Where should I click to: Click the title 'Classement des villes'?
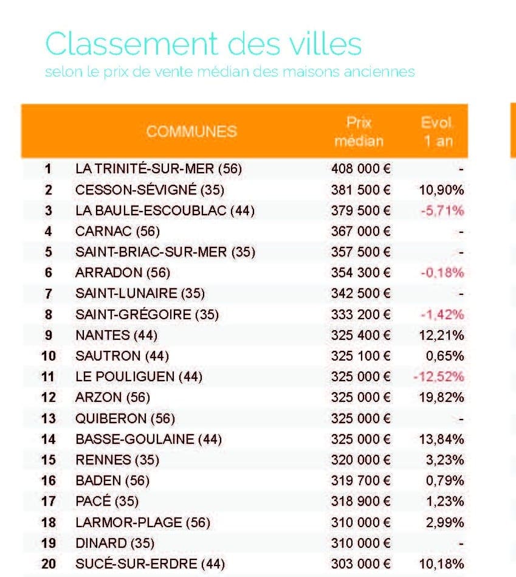click(203, 44)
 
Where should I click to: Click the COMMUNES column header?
click(191, 131)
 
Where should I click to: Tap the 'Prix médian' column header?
click(360, 132)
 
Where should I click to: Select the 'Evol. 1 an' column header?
click(436, 132)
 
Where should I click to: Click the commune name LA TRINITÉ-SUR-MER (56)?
click(158, 169)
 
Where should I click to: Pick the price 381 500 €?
click(360, 190)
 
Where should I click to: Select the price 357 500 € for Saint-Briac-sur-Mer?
click(360, 252)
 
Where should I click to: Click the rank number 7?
click(49, 294)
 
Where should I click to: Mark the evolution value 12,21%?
click(441, 335)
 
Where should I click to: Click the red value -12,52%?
click(439, 376)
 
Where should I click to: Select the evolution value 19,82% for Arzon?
click(441, 397)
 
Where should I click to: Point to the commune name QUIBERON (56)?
click(125, 418)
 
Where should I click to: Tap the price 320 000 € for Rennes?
click(360, 460)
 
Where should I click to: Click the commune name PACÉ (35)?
click(106, 501)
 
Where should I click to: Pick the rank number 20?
click(49, 564)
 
